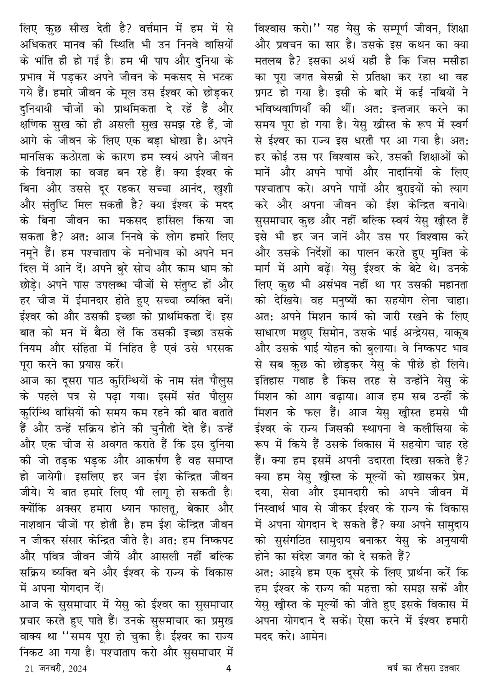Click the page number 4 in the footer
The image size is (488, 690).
[229, 668]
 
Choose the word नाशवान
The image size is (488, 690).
[39, 525]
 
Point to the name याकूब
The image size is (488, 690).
[457, 333]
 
